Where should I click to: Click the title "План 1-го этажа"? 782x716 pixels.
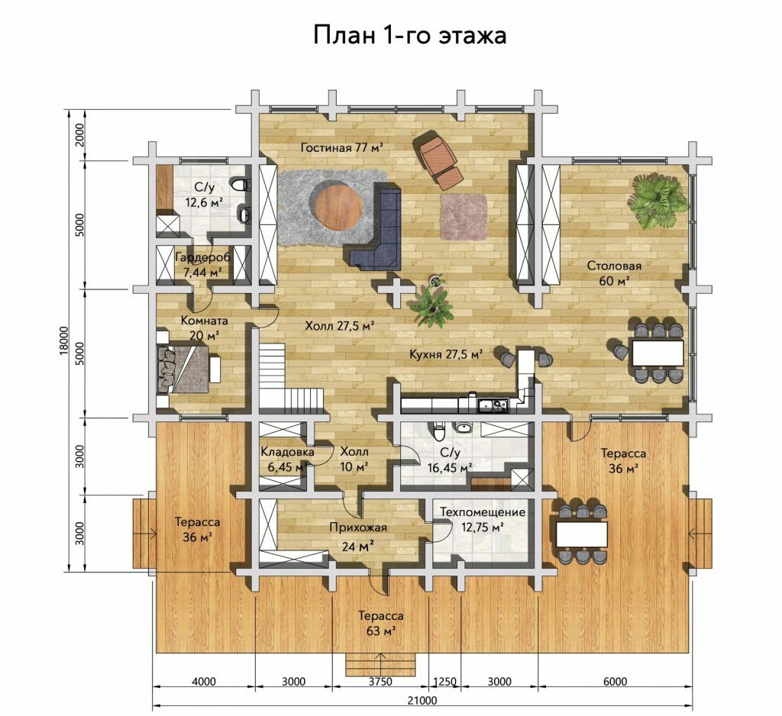(410, 35)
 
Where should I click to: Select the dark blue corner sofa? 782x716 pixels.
(377, 225)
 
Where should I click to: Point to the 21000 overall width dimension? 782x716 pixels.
(422, 701)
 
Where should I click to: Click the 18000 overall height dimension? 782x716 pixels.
(63, 341)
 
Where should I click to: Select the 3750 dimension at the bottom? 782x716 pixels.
(380, 682)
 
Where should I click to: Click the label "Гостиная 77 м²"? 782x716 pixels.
(342, 147)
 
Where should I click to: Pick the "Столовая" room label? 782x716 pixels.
(614, 266)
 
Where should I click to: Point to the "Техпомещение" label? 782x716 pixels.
(483, 512)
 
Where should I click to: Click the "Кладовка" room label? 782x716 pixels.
(287, 452)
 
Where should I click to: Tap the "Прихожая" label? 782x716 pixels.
(358, 527)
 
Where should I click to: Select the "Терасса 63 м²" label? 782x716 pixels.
(381, 624)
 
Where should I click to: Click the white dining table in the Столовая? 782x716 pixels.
(658, 353)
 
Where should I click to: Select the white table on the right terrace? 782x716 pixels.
(582, 534)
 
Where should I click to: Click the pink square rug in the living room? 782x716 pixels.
(464, 217)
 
